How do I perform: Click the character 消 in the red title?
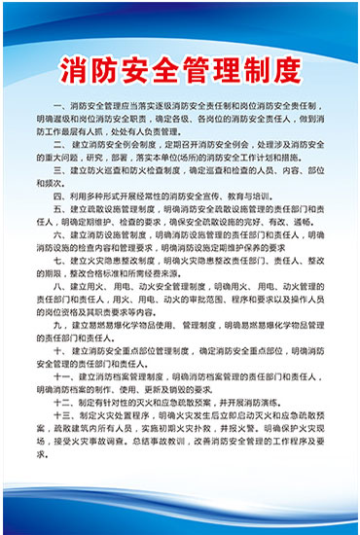click(x=76, y=70)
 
